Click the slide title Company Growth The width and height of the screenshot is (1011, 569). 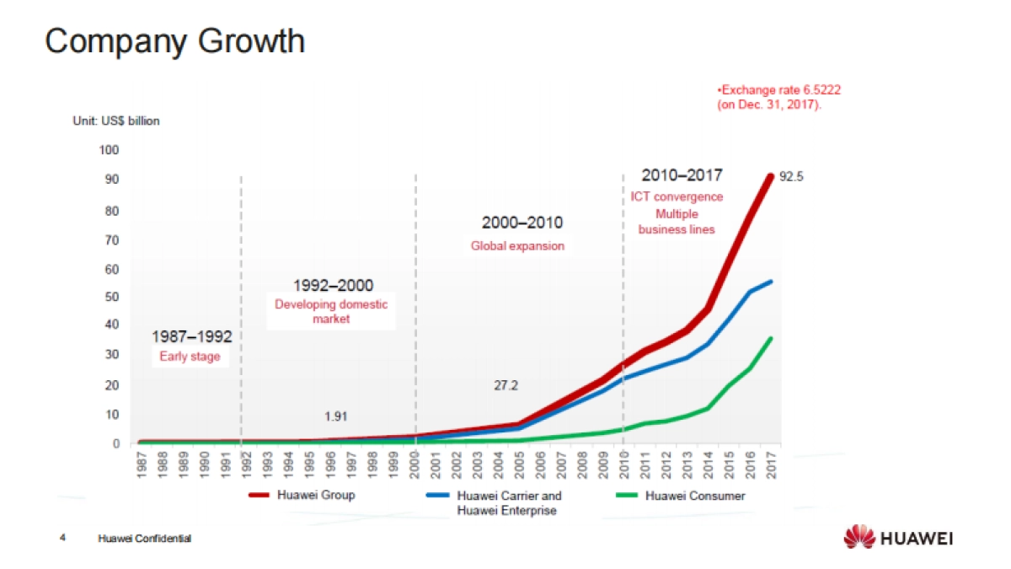point(174,40)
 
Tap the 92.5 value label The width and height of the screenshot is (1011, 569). point(793,179)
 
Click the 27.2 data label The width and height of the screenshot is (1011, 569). point(505,386)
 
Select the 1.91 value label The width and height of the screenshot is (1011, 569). point(336,416)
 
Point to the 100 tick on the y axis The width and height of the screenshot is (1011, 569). point(110,150)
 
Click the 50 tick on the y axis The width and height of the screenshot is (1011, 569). point(112,297)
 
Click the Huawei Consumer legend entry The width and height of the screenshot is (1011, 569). point(695,496)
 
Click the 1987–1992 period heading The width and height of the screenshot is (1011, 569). point(191,337)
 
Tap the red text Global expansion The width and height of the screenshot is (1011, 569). point(517,246)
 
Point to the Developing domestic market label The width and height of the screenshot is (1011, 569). point(331,312)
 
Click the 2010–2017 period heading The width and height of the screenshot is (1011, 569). point(681,175)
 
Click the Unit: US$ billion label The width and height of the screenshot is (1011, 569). point(115,121)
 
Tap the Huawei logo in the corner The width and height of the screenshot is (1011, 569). point(899,537)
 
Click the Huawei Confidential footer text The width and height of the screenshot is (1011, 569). point(144,538)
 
